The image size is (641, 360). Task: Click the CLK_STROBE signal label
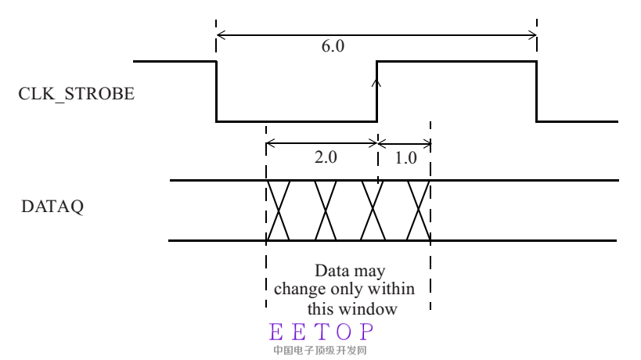(77, 95)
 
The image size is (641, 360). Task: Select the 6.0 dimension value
(333, 47)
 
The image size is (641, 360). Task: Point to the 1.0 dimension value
(406, 157)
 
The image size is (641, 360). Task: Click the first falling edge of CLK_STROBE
(216, 91)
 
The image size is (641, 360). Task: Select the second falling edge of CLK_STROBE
(537, 91)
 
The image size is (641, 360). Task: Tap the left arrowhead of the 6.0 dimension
(221, 34)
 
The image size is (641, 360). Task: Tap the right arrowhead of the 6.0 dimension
(532, 34)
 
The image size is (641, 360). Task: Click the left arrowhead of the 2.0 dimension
(271, 143)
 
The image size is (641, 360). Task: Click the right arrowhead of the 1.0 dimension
(427, 143)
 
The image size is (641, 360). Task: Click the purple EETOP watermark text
(321, 331)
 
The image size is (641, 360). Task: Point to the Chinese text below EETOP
(320, 350)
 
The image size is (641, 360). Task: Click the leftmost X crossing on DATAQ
(278, 210)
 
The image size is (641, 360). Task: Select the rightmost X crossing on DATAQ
(419, 210)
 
